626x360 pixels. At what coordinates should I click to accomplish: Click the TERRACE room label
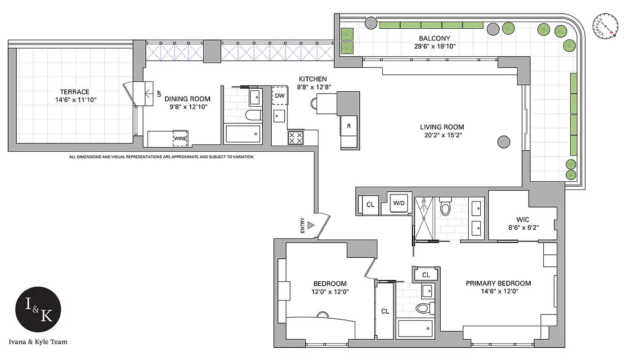click(x=75, y=92)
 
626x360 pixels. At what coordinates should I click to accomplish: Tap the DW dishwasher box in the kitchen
click(x=279, y=95)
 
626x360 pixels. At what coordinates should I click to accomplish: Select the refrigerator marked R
click(x=349, y=126)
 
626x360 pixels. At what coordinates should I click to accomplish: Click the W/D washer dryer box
click(x=399, y=203)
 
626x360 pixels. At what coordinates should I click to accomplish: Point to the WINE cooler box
click(x=181, y=138)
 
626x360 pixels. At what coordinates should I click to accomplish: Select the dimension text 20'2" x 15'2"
click(x=442, y=135)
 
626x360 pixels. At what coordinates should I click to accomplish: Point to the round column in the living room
click(x=504, y=142)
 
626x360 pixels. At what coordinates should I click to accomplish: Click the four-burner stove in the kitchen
click(x=295, y=138)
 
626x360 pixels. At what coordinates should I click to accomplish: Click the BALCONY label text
click(x=434, y=38)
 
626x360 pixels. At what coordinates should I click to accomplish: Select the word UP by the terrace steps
click(x=158, y=94)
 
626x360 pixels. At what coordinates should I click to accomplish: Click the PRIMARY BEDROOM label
click(x=498, y=283)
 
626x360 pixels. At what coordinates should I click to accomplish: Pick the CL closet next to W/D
click(x=370, y=204)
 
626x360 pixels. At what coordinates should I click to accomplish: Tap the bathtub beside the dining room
click(x=243, y=134)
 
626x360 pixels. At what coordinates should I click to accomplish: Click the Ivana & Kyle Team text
click(x=38, y=342)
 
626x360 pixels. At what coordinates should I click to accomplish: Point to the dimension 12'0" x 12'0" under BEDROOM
click(x=330, y=292)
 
